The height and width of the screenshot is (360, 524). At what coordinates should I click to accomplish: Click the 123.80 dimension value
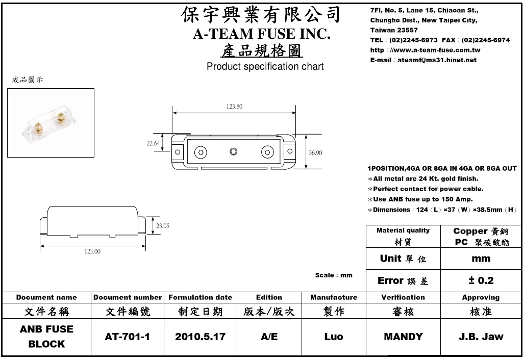(x=234, y=106)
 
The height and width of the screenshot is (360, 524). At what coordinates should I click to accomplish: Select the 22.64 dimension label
(x=153, y=143)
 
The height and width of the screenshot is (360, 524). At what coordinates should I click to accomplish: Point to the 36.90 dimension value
(x=315, y=152)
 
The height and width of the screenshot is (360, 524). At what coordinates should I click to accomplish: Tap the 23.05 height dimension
(x=162, y=225)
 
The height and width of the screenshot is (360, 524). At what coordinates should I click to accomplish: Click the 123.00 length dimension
(x=92, y=251)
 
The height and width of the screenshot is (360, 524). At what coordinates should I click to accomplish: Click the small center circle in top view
(x=234, y=151)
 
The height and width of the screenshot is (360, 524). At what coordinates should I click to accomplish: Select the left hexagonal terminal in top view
(x=201, y=152)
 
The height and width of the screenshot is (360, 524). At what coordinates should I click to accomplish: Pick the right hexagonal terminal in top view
(x=267, y=152)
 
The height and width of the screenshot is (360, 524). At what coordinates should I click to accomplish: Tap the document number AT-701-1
(x=127, y=337)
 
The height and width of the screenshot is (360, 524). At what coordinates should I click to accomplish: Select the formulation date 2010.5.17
(x=199, y=337)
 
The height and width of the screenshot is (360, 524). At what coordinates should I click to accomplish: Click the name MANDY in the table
(x=403, y=337)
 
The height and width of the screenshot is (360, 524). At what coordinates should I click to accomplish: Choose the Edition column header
(x=269, y=297)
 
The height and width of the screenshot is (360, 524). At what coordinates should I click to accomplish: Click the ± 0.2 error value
(x=481, y=280)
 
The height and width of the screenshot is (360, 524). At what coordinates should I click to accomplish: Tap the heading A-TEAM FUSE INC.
(x=262, y=34)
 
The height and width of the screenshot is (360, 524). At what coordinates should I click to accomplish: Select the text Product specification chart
(x=265, y=67)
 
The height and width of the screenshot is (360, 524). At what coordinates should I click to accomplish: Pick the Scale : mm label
(x=334, y=275)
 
